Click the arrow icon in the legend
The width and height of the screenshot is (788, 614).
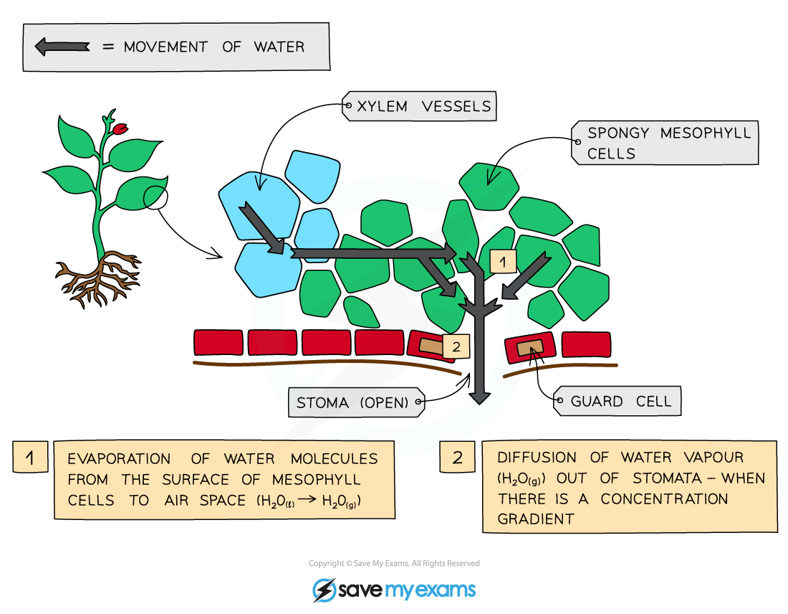(x=62, y=47)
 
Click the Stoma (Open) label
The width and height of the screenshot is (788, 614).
(x=352, y=402)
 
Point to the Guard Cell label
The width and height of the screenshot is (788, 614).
(x=620, y=402)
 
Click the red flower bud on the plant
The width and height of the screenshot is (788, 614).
(x=120, y=129)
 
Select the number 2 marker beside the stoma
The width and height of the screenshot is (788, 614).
(x=456, y=346)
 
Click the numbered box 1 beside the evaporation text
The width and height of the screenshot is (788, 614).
(x=30, y=458)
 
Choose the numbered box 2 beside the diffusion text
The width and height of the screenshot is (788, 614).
(x=457, y=458)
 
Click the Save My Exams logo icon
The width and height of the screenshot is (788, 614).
(x=325, y=590)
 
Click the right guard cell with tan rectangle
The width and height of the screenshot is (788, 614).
(x=529, y=348)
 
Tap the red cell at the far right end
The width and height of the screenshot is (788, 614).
(x=586, y=344)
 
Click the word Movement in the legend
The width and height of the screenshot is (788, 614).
(x=165, y=47)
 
